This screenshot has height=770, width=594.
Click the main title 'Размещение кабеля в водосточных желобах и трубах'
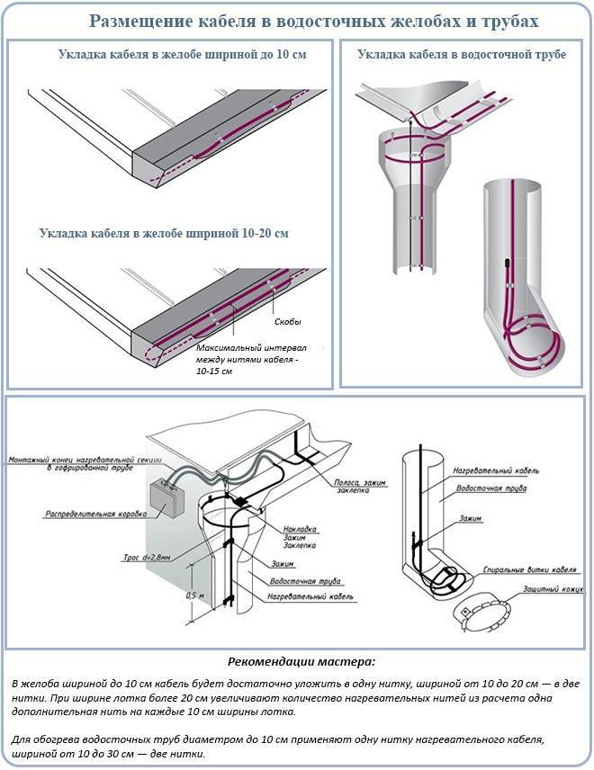tap(314, 21)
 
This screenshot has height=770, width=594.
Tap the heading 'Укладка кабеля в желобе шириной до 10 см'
tap(183, 54)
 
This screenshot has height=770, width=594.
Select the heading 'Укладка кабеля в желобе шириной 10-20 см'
tap(164, 233)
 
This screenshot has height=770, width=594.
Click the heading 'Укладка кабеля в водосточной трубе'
tap(462, 54)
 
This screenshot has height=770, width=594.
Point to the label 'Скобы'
tap(287, 322)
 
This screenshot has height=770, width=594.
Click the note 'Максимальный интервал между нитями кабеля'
tap(252, 354)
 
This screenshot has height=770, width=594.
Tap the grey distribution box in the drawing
tap(166, 497)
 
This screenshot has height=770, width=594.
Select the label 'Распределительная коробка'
tap(96, 514)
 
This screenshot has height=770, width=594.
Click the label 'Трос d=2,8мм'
tap(147, 558)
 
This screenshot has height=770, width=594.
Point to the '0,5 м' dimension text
tap(195, 595)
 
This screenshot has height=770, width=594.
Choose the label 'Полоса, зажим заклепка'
tap(360, 486)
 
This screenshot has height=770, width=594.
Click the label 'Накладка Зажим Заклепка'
tap(300, 537)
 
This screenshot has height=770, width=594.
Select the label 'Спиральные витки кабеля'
tap(529, 569)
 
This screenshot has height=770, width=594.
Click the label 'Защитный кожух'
tap(553, 588)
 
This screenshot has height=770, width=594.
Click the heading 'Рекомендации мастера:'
tap(301, 661)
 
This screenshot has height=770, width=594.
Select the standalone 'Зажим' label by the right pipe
tap(470, 518)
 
